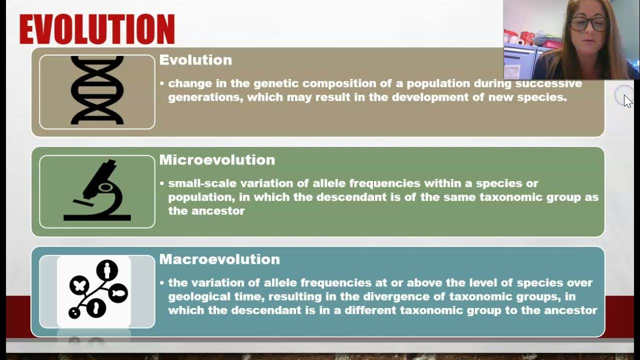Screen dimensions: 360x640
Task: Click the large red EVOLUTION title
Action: click(97, 29)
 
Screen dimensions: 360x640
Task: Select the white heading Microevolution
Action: click(217, 160)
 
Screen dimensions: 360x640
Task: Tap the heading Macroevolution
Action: click(219, 259)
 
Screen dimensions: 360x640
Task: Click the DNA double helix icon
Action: click(97, 90)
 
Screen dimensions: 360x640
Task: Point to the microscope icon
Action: click(97, 191)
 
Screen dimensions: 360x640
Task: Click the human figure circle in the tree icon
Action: click(106, 270)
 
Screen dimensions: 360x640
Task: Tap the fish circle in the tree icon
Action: click(118, 293)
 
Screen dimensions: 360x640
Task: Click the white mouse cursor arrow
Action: click(627, 101)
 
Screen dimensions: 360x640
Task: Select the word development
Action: click(430, 97)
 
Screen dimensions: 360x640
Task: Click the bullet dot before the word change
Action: click(162, 83)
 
